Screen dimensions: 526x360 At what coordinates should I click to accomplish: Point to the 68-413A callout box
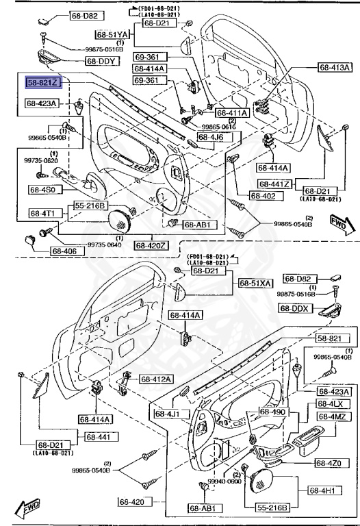coord(334,68)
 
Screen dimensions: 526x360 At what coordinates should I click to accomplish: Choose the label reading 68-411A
coord(232,113)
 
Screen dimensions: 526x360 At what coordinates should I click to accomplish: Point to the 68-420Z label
coord(151,245)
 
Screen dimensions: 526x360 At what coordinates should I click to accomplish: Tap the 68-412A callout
coord(157,379)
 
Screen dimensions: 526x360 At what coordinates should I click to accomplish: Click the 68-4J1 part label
coord(167,414)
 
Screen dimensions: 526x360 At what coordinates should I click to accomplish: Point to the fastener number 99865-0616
coord(218,127)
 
